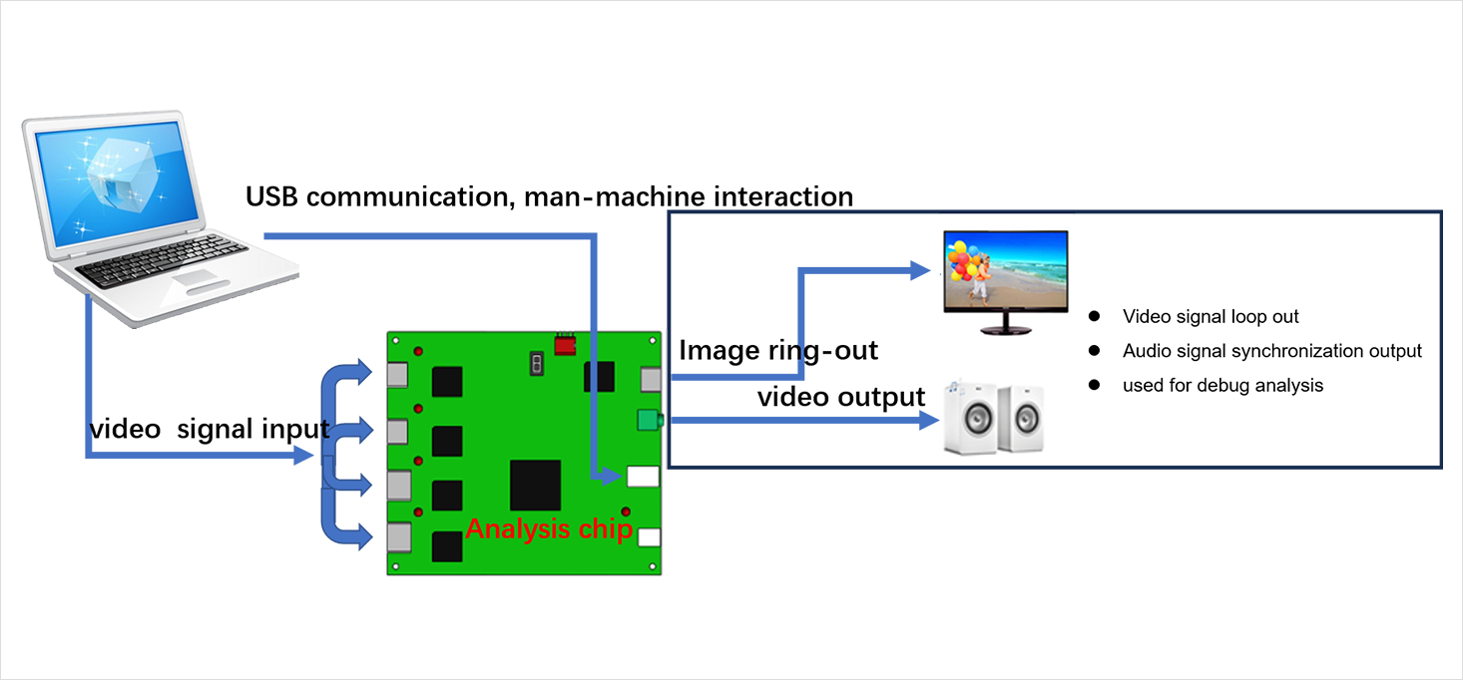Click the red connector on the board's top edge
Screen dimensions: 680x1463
point(566,345)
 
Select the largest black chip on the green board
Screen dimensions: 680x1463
point(535,486)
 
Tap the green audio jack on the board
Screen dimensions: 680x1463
point(650,421)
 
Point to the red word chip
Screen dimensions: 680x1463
point(605,528)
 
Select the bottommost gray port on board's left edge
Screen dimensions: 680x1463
point(399,537)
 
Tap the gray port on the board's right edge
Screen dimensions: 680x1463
point(651,380)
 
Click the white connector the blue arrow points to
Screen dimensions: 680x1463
point(644,478)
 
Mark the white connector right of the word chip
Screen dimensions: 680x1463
point(649,537)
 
